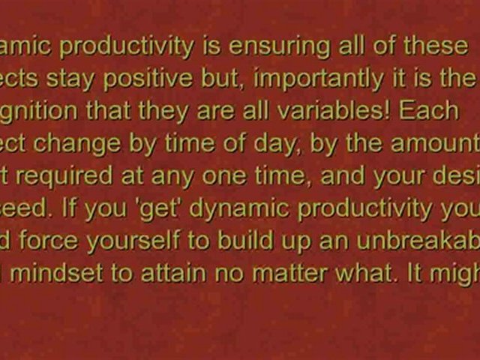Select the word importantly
coord(329,79)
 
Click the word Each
coord(429,111)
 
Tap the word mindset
coord(55,272)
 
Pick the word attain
coord(180,272)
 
